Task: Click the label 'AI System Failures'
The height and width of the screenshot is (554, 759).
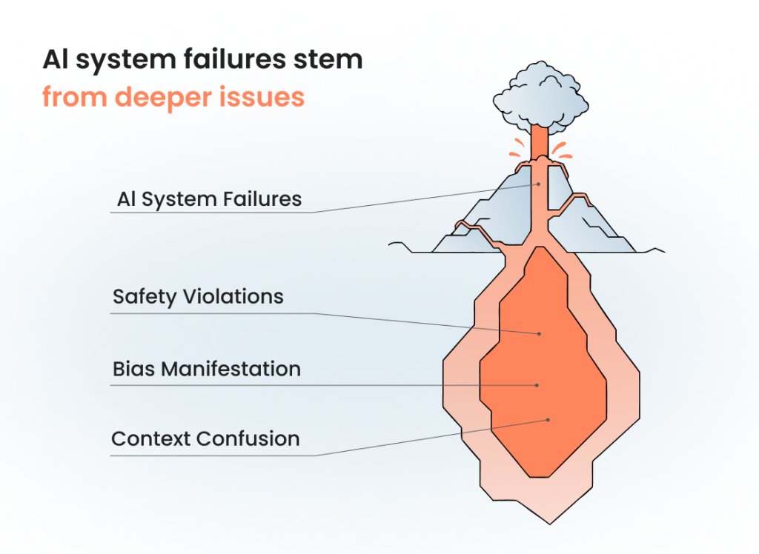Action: click(x=209, y=199)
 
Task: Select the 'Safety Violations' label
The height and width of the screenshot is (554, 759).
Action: click(x=198, y=297)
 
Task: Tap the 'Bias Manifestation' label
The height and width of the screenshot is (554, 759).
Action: click(x=207, y=369)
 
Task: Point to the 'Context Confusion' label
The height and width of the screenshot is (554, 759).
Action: click(x=205, y=438)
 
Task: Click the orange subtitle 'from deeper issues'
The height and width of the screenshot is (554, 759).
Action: click(x=173, y=97)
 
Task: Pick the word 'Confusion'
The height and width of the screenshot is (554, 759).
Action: click(x=252, y=438)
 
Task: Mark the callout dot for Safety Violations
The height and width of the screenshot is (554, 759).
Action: click(x=540, y=334)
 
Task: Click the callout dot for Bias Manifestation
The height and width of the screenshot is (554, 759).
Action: click(x=537, y=385)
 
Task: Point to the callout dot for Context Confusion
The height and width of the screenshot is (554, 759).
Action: click(x=548, y=420)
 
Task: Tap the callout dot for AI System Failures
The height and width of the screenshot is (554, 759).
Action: click(x=540, y=184)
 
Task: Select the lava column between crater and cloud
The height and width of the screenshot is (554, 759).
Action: click(x=540, y=141)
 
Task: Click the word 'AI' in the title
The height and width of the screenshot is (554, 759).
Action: click(x=55, y=60)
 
